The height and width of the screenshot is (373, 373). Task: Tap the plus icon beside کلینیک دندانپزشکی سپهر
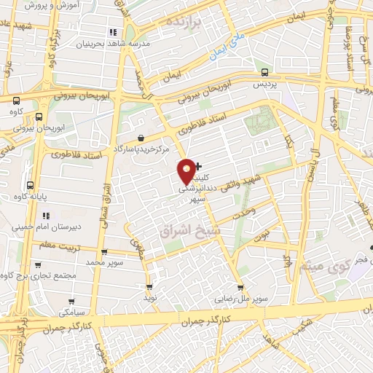[x=198, y=167]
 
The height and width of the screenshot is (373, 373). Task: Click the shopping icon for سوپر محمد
[x=104, y=251]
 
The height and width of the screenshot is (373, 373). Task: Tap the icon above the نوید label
[x=150, y=287]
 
